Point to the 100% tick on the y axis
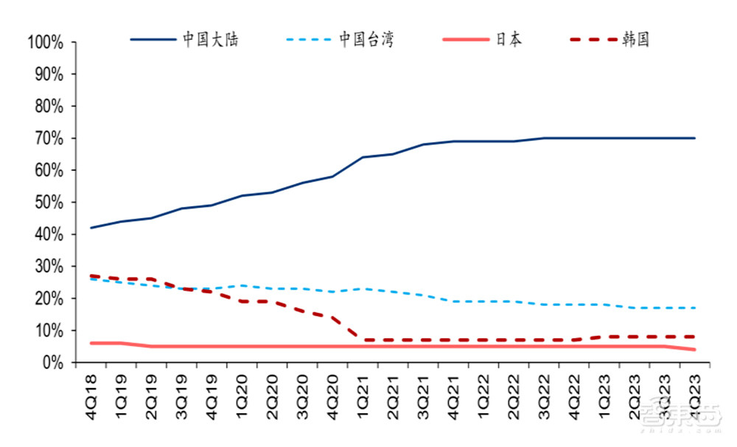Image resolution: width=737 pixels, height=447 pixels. pos(46,43)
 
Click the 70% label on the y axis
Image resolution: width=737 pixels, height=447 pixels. pos(49,138)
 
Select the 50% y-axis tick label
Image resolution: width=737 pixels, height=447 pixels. pos(49,203)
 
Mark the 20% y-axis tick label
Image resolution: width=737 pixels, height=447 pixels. pos(49,298)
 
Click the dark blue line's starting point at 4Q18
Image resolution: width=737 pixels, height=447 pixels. pos(91,228)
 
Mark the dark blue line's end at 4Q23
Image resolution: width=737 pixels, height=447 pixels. pos(694,138)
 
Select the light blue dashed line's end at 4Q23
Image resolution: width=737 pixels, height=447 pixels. pos(694,308)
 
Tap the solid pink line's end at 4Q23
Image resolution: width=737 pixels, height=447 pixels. pos(694,349)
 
